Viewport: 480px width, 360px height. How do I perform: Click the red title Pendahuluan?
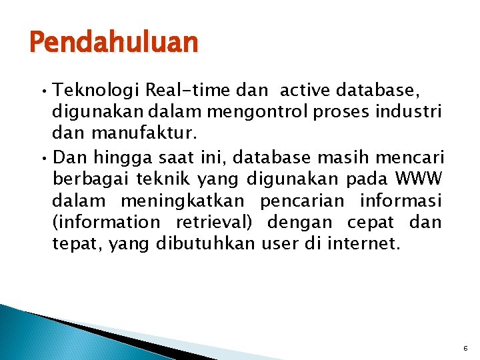(114, 43)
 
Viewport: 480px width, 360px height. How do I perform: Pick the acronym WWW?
(419, 179)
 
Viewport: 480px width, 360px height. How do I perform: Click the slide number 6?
(465, 348)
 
